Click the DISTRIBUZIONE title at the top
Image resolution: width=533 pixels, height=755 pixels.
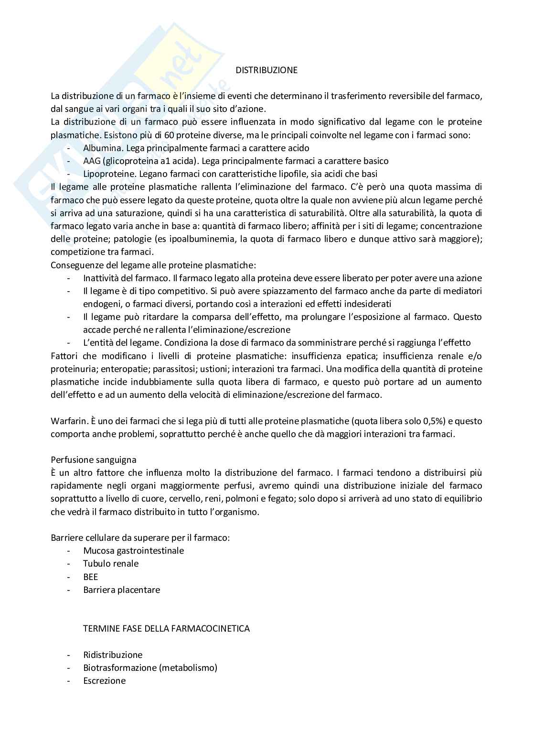click(x=266, y=70)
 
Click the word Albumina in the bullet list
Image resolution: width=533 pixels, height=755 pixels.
click(x=100, y=148)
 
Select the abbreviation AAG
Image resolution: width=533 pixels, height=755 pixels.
click(x=92, y=161)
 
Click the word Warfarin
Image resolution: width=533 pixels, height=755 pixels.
click(x=67, y=421)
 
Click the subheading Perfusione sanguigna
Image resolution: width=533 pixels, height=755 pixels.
click(x=94, y=460)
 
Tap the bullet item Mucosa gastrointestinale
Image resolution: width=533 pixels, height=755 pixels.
click(x=133, y=551)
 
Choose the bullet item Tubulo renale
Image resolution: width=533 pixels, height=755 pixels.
click(x=111, y=564)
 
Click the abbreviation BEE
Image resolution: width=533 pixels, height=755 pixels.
click(x=90, y=577)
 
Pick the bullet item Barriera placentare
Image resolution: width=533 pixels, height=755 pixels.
click(x=121, y=590)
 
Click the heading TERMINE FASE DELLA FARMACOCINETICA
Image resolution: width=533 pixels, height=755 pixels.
click(x=166, y=628)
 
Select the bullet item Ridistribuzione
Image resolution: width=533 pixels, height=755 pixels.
click(x=113, y=655)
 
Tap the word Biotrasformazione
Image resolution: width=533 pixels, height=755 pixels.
click(x=120, y=667)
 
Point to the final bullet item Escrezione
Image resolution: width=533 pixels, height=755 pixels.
click(x=104, y=680)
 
